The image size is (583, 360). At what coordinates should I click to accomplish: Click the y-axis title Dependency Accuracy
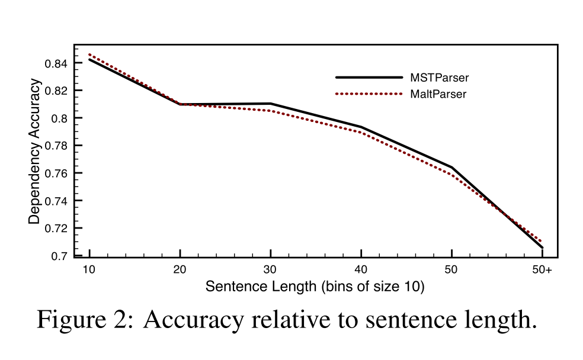tap(35, 151)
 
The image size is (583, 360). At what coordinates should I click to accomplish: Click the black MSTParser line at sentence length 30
tap(270, 104)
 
